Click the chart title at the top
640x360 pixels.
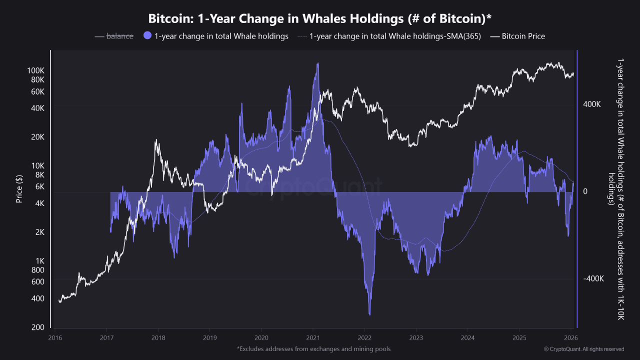(x=320, y=19)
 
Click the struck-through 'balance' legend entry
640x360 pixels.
(x=119, y=36)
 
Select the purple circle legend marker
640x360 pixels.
(x=147, y=36)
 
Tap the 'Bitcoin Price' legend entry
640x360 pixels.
(x=523, y=36)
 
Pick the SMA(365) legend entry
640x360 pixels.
(x=395, y=36)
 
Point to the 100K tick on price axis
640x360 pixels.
(x=35, y=70)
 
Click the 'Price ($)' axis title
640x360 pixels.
(x=19, y=189)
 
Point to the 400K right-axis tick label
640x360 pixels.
(x=592, y=104)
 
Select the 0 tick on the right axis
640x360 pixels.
(x=585, y=191)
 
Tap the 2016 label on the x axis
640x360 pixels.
(x=56, y=338)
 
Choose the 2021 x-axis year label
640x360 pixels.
(x=313, y=338)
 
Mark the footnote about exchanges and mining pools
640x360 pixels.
(x=313, y=348)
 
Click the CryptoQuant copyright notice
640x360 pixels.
(x=583, y=348)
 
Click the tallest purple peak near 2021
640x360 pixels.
(x=317, y=64)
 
